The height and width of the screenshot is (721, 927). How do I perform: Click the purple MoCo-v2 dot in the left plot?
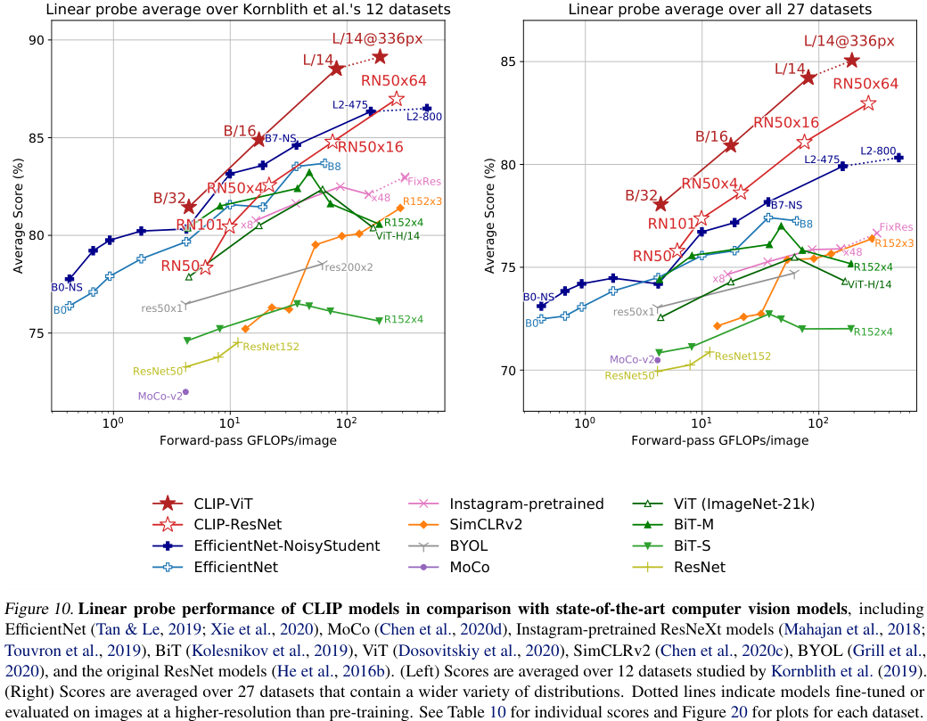point(185,392)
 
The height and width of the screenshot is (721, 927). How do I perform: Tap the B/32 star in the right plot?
point(660,205)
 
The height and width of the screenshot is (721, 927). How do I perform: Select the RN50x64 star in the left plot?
point(397,98)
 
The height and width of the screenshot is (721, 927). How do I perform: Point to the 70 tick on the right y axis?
point(508,370)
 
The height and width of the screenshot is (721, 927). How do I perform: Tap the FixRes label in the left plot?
point(424,181)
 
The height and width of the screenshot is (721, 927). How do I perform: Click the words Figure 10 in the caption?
point(39,610)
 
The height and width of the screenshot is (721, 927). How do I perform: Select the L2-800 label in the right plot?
point(878,151)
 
